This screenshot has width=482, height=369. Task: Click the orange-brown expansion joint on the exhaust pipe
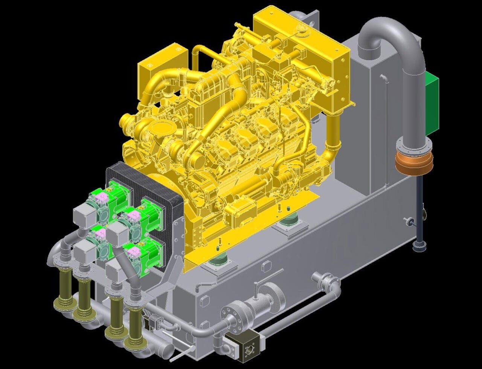tap(414, 162)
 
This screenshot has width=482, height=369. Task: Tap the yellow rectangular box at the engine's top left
tap(163, 62)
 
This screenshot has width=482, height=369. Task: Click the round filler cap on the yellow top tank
tap(301, 28)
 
